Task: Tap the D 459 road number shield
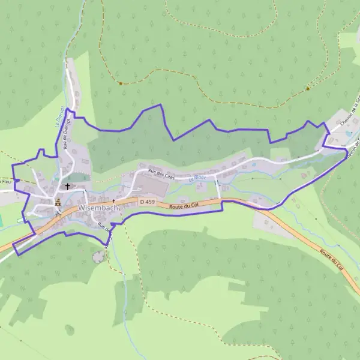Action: click(147, 202)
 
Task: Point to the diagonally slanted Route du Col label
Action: click(332, 259)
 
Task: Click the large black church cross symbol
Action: click(68, 186)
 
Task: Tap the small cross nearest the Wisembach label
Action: click(113, 202)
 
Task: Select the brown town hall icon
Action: click(58, 203)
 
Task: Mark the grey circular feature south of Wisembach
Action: click(97, 257)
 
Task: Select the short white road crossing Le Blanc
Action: click(218, 190)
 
